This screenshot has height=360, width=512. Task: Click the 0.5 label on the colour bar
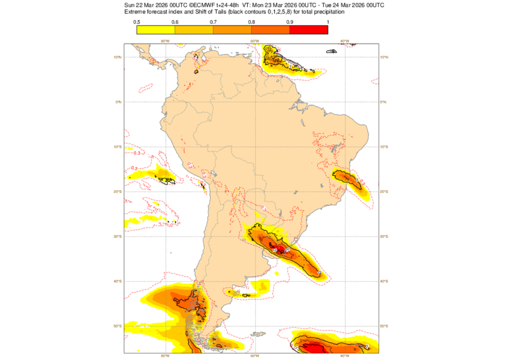(136, 21)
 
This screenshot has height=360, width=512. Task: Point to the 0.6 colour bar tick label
(174, 21)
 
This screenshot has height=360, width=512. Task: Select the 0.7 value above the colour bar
(213, 21)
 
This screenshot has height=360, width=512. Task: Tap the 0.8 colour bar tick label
(251, 21)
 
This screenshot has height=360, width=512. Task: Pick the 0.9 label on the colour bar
(289, 21)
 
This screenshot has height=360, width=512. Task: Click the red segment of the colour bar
(308, 29)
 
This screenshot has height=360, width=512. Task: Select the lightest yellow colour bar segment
(155, 29)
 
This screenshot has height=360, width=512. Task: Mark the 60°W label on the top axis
(254, 41)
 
